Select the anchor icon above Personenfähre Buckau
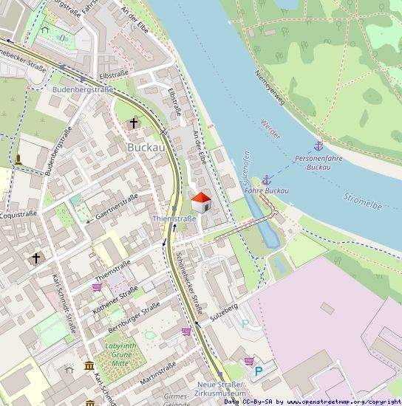[318, 147]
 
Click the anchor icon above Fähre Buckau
[266, 179]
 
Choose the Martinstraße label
[157, 373]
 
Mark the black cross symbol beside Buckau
[134, 123]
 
